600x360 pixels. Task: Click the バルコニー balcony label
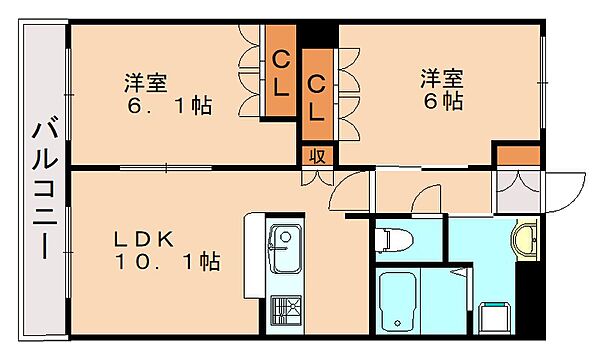(x=45, y=191)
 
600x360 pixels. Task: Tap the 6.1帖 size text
(x=169, y=106)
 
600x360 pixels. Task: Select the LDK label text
(x=143, y=239)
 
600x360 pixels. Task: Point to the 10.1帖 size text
(x=167, y=262)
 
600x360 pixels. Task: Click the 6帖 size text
(x=443, y=101)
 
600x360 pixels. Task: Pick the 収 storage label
(x=317, y=156)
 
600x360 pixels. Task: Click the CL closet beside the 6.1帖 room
(x=280, y=70)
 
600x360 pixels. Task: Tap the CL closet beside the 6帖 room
(x=316, y=94)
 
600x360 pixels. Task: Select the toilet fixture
(x=394, y=239)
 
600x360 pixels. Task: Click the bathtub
(x=398, y=302)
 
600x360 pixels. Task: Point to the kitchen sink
(x=285, y=249)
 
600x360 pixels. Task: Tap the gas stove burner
(x=286, y=310)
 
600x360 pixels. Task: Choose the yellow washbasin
(x=525, y=239)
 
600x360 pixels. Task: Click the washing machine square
(x=495, y=318)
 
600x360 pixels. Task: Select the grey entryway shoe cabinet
(x=518, y=192)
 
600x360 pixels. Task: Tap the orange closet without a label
(x=518, y=156)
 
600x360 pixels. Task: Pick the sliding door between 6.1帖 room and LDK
(x=166, y=168)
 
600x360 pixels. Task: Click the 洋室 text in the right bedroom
(x=442, y=78)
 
